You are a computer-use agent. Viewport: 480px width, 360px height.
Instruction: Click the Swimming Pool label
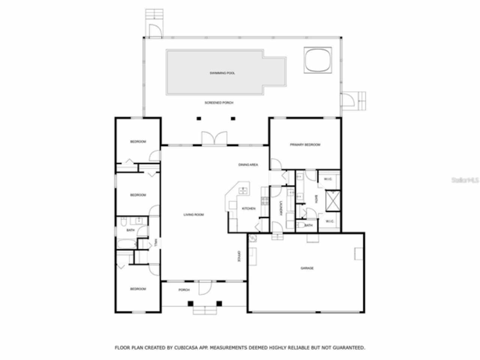[222, 73]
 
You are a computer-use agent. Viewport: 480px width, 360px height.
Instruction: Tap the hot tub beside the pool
[318, 60]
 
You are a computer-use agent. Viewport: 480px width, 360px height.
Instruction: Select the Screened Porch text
[219, 103]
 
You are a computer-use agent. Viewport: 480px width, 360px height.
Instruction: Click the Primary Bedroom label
[305, 145]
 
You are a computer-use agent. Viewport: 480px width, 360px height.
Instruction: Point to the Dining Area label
[248, 165]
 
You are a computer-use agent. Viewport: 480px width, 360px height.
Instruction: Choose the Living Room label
[193, 215]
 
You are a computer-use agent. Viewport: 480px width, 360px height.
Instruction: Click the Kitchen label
[249, 208]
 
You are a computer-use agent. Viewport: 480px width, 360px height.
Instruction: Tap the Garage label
[307, 268]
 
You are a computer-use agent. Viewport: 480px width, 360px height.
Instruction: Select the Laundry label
[280, 208]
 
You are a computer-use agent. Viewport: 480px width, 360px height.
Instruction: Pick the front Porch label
[184, 290]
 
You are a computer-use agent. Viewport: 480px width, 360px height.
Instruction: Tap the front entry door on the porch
[205, 288]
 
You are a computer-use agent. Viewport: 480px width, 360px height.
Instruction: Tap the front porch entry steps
[205, 310]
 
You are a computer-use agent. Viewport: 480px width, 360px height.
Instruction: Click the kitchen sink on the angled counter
[243, 190]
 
